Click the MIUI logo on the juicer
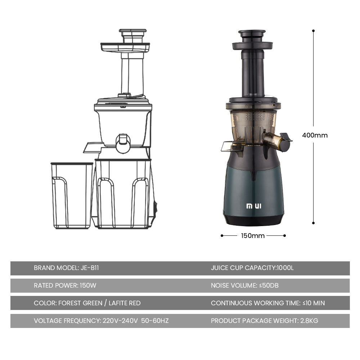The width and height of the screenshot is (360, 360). click(254, 206)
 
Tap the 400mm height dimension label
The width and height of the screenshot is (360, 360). click(315, 135)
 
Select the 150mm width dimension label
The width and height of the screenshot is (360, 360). click(253, 235)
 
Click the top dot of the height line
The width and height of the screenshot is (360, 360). click(314, 31)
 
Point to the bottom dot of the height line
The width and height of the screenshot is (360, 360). click(314, 223)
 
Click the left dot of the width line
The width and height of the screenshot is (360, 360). click(222, 235)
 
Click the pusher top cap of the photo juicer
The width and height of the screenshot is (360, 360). click(252, 34)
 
